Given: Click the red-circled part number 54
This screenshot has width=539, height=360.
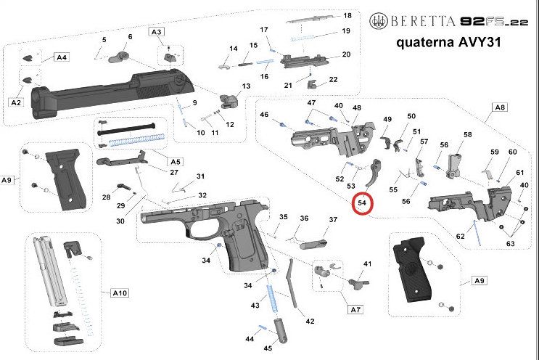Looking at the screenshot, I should coord(361,203).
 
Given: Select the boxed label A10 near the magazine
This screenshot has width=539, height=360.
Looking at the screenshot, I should coord(120,293).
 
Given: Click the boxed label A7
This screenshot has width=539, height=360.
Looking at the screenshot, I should coord(355,309).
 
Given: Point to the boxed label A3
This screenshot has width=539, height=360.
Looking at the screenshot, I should coord(156,31).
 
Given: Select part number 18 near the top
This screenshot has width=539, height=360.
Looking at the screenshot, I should coord(347,15).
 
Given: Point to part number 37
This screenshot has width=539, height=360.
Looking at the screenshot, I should coord(333,220).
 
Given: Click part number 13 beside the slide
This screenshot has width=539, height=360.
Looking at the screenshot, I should coord(246,86).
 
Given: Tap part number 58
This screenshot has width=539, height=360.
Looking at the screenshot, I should coord(468,135).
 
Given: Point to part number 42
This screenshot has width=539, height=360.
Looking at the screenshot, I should coord(310,321).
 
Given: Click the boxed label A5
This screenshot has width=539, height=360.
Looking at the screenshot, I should coord(176,160).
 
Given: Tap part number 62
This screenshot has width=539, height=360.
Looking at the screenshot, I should coord(460,237).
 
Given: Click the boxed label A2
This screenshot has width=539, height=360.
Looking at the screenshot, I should coord(16,103).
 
